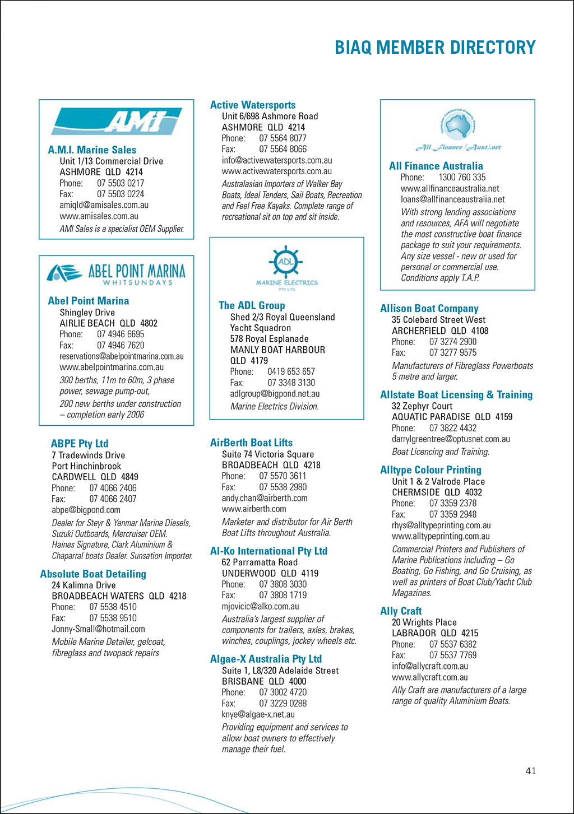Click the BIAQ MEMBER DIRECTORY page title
click(435, 48)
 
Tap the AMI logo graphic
click(117, 121)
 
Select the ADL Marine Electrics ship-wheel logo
click(286, 268)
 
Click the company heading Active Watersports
click(253, 105)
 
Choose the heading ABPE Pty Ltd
click(80, 444)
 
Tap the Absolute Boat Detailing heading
click(93, 574)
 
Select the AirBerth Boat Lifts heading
click(251, 443)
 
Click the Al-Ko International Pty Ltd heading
click(269, 551)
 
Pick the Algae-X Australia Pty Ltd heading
click(266, 659)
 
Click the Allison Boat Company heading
click(429, 309)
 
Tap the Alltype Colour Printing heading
click(430, 470)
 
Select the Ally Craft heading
click(401, 611)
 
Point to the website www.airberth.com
click(254, 509)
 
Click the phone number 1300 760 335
click(462, 178)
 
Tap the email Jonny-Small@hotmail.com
click(98, 629)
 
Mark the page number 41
click(531, 771)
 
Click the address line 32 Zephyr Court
click(422, 406)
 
